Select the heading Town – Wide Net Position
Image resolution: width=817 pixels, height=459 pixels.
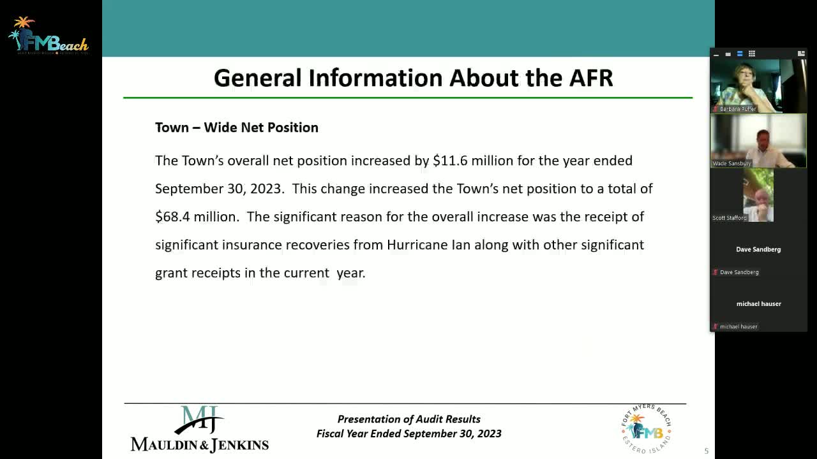[x=236, y=127]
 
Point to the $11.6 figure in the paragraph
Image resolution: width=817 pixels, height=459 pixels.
[x=450, y=161]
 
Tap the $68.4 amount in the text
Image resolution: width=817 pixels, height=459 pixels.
[x=172, y=217]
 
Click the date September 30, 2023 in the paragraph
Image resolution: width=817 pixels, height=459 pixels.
[x=218, y=189]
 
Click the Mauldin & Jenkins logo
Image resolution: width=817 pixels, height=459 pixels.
[x=200, y=429]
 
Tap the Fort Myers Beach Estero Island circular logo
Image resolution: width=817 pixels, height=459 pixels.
[x=646, y=428]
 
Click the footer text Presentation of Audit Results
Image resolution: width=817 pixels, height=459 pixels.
[x=408, y=419]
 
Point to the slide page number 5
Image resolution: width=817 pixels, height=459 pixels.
[x=706, y=451]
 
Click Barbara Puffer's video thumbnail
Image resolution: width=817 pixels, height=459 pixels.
[x=758, y=86]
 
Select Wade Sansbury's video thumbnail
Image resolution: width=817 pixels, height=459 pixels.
[x=758, y=141]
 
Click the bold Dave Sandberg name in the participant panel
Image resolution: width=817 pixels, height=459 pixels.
[x=758, y=249]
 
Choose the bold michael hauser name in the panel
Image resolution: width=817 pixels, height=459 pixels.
[x=758, y=304]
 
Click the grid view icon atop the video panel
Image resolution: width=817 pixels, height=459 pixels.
[x=751, y=54]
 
